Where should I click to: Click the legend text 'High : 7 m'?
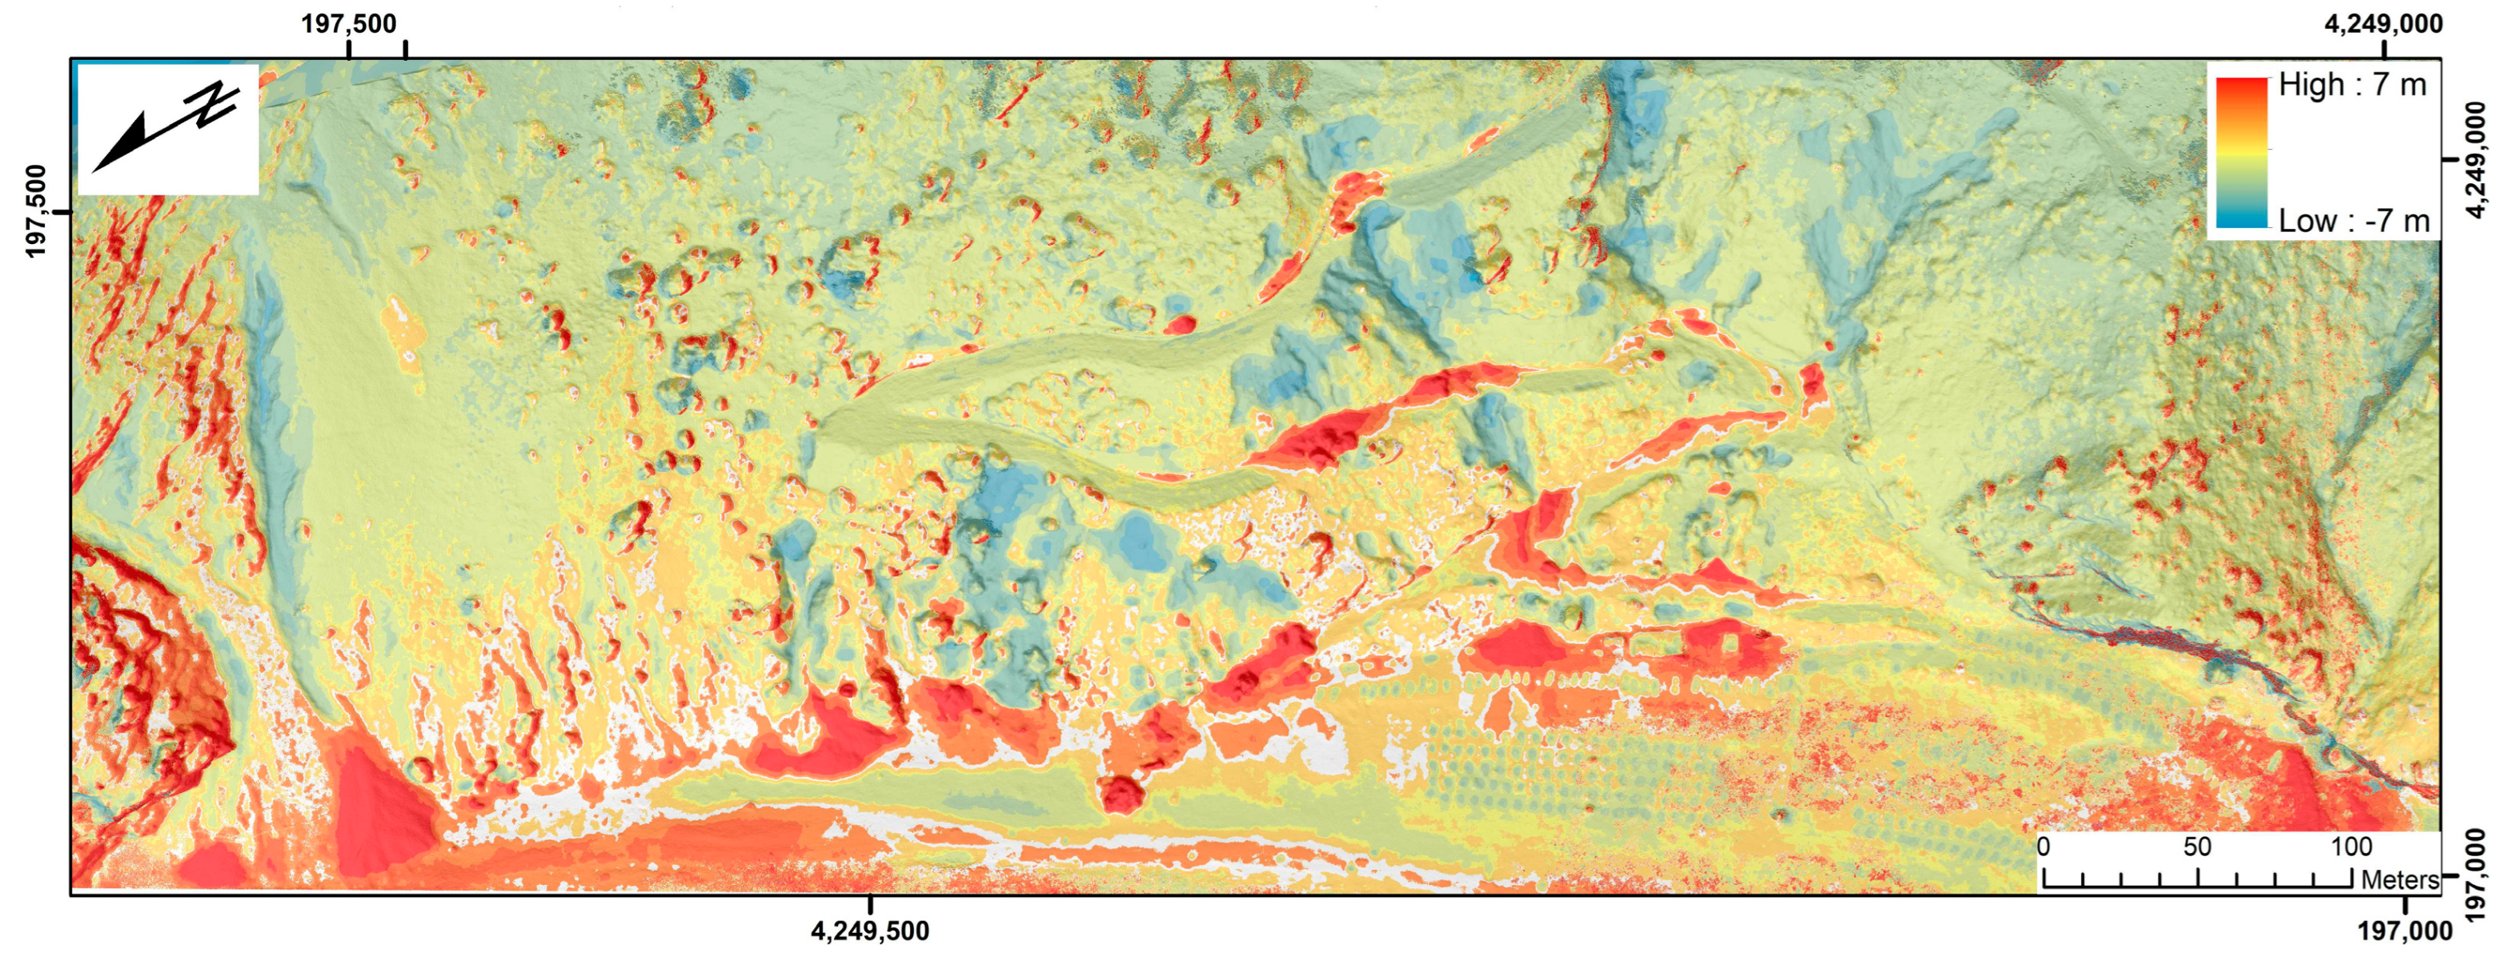[2352, 86]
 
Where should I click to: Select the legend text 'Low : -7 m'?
[2353, 221]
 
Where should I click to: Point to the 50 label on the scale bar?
[2196, 847]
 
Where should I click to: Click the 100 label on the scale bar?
[2351, 847]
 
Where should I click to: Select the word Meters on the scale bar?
[2399, 879]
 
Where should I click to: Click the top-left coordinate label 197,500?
[348, 23]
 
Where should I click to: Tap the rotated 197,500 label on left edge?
[36, 211]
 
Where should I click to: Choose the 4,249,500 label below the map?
[870, 931]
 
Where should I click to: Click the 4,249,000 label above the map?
[2383, 23]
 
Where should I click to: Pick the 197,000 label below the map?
[2404, 931]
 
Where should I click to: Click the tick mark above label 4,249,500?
[870, 903]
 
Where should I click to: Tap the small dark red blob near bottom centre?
[1121, 794]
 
